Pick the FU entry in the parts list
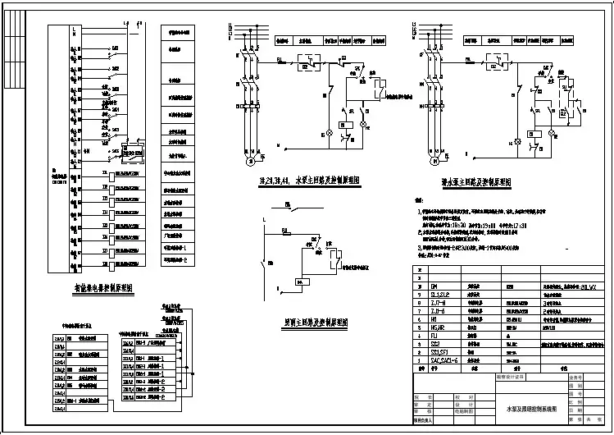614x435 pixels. tap(434, 334)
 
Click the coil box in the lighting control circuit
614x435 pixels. tap(302, 281)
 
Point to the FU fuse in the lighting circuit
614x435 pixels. tap(285, 233)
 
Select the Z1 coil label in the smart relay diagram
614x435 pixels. tap(104, 174)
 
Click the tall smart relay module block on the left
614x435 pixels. tap(57, 148)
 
